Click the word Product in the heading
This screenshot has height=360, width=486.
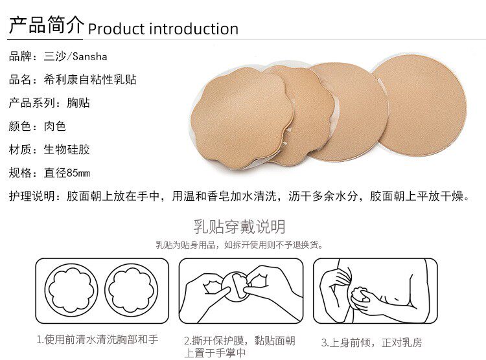[116, 28]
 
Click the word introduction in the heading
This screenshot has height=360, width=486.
[194, 28]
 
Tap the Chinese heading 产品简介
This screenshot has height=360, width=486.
[46, 25]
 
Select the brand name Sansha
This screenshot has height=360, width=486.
[90, 57]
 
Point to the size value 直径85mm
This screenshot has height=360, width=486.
[67, 173]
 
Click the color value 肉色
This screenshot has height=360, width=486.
[55, 126]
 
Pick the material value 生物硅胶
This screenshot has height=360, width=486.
[67, 150]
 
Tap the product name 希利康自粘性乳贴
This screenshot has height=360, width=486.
[90, 80]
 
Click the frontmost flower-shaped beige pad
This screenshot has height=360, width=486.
[241, 118]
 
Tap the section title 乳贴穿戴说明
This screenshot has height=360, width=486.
[239, 227]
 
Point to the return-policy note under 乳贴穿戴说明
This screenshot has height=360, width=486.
[240, 245]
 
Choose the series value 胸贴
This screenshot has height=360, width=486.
[78, 103]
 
